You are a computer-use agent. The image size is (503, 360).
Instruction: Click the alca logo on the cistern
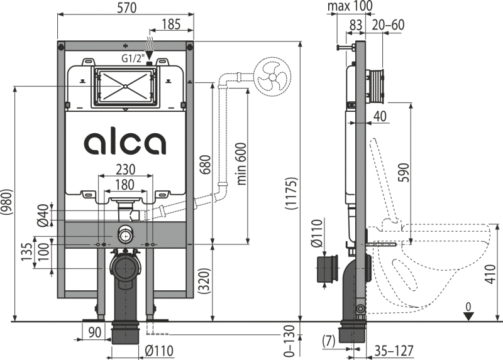pyautogui.click(x=125, y=143)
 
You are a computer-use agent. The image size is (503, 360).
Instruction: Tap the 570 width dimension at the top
pyautogui.click(x=127, y=8)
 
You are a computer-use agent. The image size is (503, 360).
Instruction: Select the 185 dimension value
pyautogui.click(x=171, y=25)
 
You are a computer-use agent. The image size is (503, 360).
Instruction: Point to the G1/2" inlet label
pyautogui.click(x=131, y=58)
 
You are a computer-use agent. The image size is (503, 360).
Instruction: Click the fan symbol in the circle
pyautogui.click(x=272, y=77)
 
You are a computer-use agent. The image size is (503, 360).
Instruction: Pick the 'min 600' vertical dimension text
pyautogui.click(x=242, y=164)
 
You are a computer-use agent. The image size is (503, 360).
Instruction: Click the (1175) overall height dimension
pyautogui.click(x=291, y=193)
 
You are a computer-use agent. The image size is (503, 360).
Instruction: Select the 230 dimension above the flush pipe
pyautogui.click(x=125, y=170)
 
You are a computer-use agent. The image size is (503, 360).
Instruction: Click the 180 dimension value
pyautogui.click(x=124, y=185)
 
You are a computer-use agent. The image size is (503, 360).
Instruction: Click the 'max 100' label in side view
pyautogui.click(x=350, y=6)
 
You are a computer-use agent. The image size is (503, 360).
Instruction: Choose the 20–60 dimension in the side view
pyautogui.click(x=388, y=25)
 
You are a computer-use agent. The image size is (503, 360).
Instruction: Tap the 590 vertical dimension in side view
pyautogui.click(x=404, y=173)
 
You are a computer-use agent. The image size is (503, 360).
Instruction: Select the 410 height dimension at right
pyautogui.click(x=490, y=274)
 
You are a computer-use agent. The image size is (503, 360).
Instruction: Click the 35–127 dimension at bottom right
pyautogui.click(x=394, y=351)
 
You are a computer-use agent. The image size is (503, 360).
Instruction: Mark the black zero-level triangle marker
pyautogui.click(x=469, y=316)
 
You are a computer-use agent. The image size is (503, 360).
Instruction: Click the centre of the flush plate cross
pyautogui.click(x=125, y=86)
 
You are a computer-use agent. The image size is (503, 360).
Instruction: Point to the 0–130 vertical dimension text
pyautogui.click(x=289, y=341)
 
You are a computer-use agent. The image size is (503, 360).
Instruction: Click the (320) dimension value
pyautogui.click(x=204, y=281)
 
